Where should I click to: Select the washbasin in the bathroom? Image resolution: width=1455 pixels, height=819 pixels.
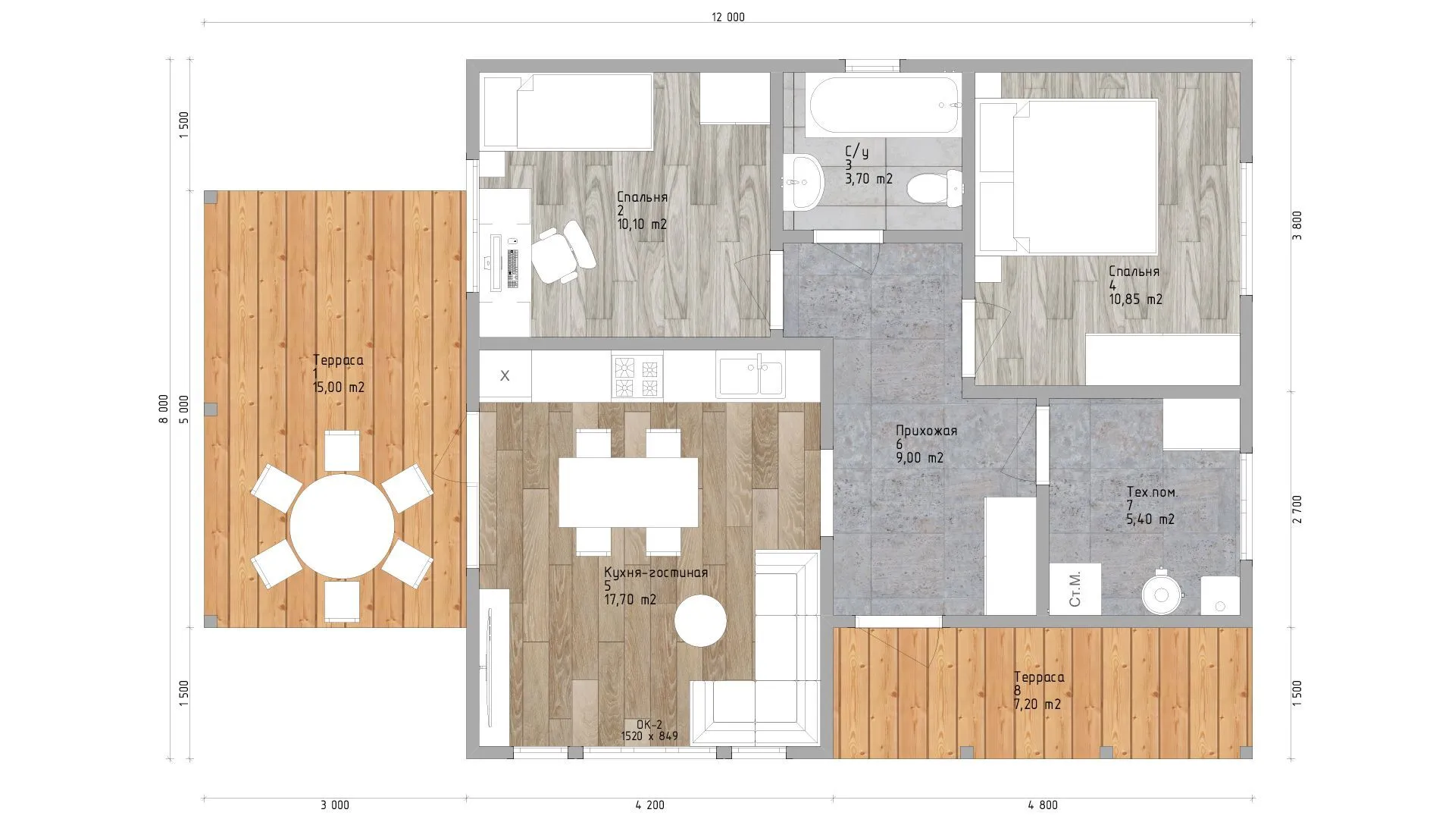(x=801, y=182)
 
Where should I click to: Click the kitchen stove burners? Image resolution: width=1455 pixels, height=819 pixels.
(x=637, y=378)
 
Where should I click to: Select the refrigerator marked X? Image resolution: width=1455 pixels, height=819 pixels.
(x=505, y=375)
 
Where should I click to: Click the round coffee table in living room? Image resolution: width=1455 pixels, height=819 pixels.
(x=700, y=620)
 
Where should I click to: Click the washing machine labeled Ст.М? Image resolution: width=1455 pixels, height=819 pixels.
(x=1075, y=588)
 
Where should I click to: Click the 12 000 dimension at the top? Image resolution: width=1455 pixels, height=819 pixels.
(x=728, y=17)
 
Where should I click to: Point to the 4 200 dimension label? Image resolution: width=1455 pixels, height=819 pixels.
(x=649, y=805)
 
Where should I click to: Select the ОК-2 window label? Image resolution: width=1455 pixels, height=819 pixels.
(x=649, y=724)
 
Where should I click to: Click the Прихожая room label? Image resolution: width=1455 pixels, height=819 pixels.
(x=926, y=431)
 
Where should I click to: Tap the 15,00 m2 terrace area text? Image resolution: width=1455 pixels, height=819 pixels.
(x=339, y=387)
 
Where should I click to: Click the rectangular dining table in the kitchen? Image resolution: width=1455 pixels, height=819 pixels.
(x=628, y=492)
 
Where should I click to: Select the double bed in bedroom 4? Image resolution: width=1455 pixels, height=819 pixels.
(x=1068, y=176)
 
